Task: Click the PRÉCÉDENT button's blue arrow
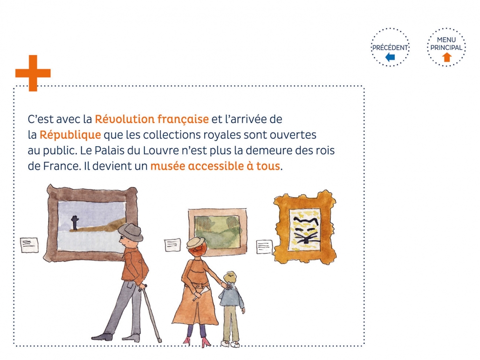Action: click(x=390, y=57)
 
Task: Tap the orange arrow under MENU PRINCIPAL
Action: click(x=447, y=57)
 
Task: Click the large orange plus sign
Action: click(x=33, y=73)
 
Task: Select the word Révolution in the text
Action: click(x=124, y=119)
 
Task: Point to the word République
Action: click(x=70, y=135)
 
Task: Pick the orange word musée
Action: click(x=167, y=166)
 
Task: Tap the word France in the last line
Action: click(x=62, y=166)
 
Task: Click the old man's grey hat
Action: click(x=130, y=232)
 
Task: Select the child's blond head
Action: click(x=230, y=278)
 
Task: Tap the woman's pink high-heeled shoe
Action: click(x=206, y=342)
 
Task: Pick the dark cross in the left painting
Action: click(x=75, y=222)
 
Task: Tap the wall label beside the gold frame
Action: click(x=264, y=247)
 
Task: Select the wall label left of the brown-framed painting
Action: click(x=29, y=245)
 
